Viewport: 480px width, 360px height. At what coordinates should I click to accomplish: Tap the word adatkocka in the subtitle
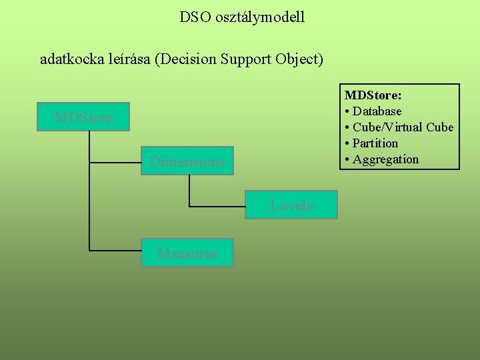[x=69, y=59]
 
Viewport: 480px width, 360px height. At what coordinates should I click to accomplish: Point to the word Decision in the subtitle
[x=183, y=59]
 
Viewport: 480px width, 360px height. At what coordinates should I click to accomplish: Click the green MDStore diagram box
[x=83, y=118]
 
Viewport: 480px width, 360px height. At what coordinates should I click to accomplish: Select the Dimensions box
[x=187, y=161]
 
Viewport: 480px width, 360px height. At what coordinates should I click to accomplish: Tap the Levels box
[x=291, y=205]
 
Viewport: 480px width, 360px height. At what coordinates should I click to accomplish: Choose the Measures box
[x=187, y=253]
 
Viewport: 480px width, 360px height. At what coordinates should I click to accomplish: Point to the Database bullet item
[x=377, y=111]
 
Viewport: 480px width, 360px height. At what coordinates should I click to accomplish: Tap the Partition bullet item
[x=375, y=143]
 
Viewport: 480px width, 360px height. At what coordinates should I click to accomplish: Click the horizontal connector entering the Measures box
[x=115, y=251]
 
